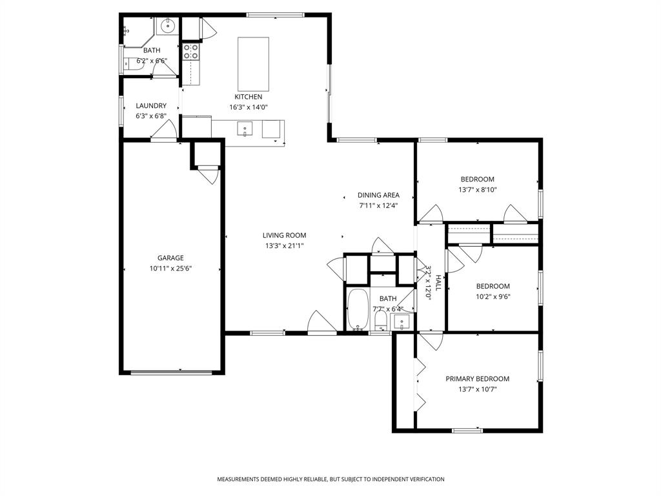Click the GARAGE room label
[170, 258]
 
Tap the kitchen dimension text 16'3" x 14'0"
[248, 107]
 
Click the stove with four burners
[190, 52]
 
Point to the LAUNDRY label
[151, 106]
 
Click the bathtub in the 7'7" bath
[357, 310]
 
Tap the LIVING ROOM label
[284, 236]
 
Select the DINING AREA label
[378, 195]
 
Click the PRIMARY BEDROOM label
[477, 379]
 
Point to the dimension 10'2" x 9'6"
[493, 297]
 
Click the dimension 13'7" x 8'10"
[477, 190]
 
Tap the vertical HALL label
[438, 282]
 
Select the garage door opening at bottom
[172, 372]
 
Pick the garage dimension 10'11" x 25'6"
[170, 268]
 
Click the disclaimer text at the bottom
[330, 479]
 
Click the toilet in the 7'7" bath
[381, 320]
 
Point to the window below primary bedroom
[467, 430]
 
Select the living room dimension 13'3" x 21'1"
[284, 246]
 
